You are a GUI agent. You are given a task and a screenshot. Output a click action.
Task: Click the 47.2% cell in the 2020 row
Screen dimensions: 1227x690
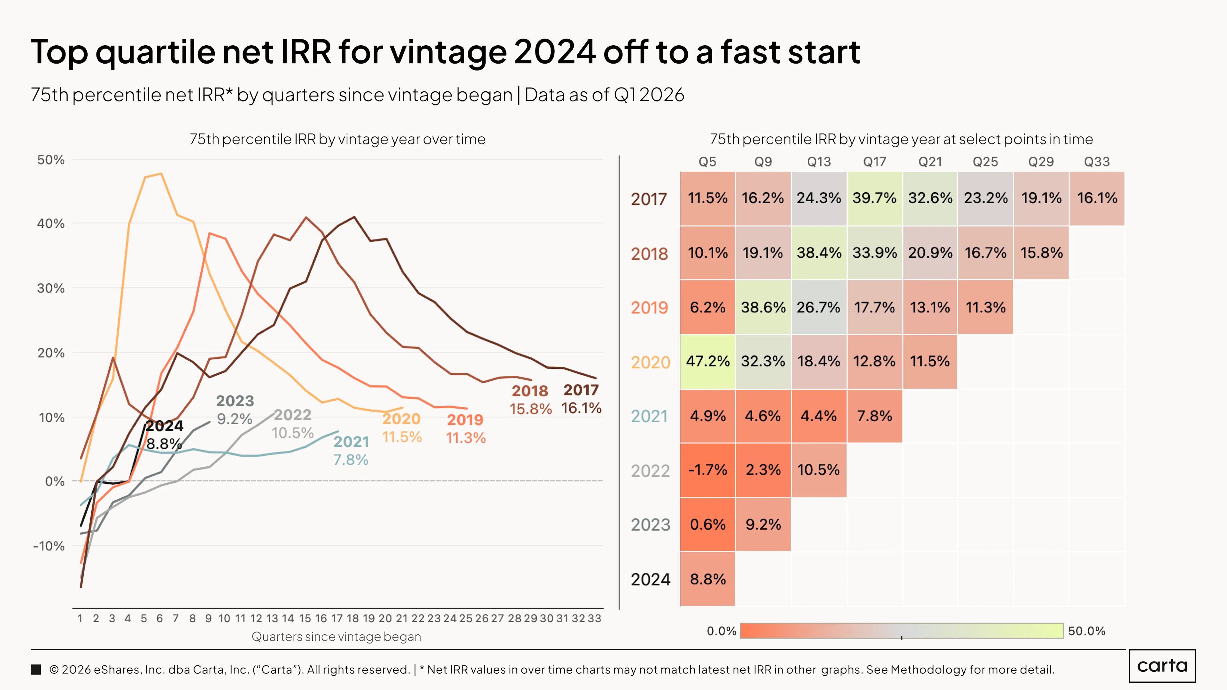(x=707, y=361)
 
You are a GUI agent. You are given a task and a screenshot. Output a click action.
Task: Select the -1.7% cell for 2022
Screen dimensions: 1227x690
(x=707, y=470)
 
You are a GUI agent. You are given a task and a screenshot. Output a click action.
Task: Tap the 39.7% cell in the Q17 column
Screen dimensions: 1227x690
(x=875, y=198)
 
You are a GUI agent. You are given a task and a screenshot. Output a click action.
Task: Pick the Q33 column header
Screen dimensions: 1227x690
(x=1097, y=162)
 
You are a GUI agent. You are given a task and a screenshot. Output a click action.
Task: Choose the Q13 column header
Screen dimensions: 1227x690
(x=819, y=162)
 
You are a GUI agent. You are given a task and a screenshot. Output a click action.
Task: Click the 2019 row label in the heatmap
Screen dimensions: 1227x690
(x=650, y=308)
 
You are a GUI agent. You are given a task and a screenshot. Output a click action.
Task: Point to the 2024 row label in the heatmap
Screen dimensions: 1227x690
(x=651, y=579)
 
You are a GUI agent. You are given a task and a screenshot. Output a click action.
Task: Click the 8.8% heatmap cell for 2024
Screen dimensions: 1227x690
(x=707, y=579)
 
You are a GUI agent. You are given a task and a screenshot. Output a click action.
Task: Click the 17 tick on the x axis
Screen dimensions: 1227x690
(x=337, y=618)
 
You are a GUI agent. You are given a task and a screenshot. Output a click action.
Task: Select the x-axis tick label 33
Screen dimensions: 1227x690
(x=594, y=618)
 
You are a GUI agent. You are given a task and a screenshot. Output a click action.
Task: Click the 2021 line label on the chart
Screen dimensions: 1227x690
(x=351, y=442)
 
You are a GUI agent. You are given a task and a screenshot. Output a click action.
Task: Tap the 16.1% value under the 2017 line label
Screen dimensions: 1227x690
(x=582, y=408)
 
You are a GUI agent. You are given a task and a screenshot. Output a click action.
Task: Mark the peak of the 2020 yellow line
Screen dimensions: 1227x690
(x=161, y=174)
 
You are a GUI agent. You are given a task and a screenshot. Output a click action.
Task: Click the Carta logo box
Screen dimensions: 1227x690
(x=1162, y=666)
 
